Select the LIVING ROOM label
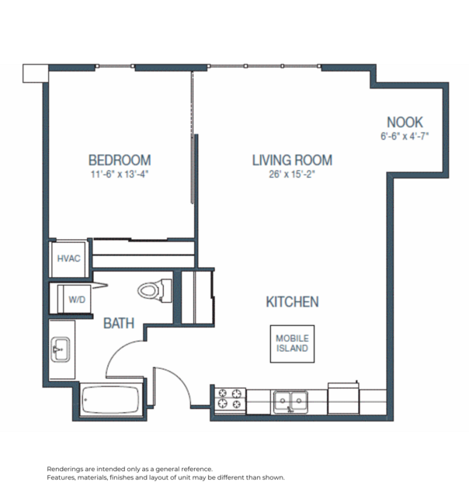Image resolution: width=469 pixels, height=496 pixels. [x=292, y=160]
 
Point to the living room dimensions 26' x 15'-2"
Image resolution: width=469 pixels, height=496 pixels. [x=292, y=175]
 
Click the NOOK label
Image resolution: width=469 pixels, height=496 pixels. [x=405, y=122]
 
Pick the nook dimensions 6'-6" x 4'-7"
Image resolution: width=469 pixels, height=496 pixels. [x=405, y=136]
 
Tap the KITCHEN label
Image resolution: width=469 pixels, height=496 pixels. [x=292, y=302]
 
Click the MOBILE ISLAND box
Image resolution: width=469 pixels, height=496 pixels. [x=293, y=343]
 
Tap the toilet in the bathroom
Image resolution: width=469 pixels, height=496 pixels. [x=153, y=290]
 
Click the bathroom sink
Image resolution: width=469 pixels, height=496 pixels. [x=61, y=351]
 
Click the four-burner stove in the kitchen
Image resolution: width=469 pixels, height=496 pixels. [x=230, y=399]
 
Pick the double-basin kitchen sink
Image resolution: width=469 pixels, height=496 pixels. [x=290, y=401]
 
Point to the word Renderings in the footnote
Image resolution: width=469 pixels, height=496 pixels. [x=67, y=470]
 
